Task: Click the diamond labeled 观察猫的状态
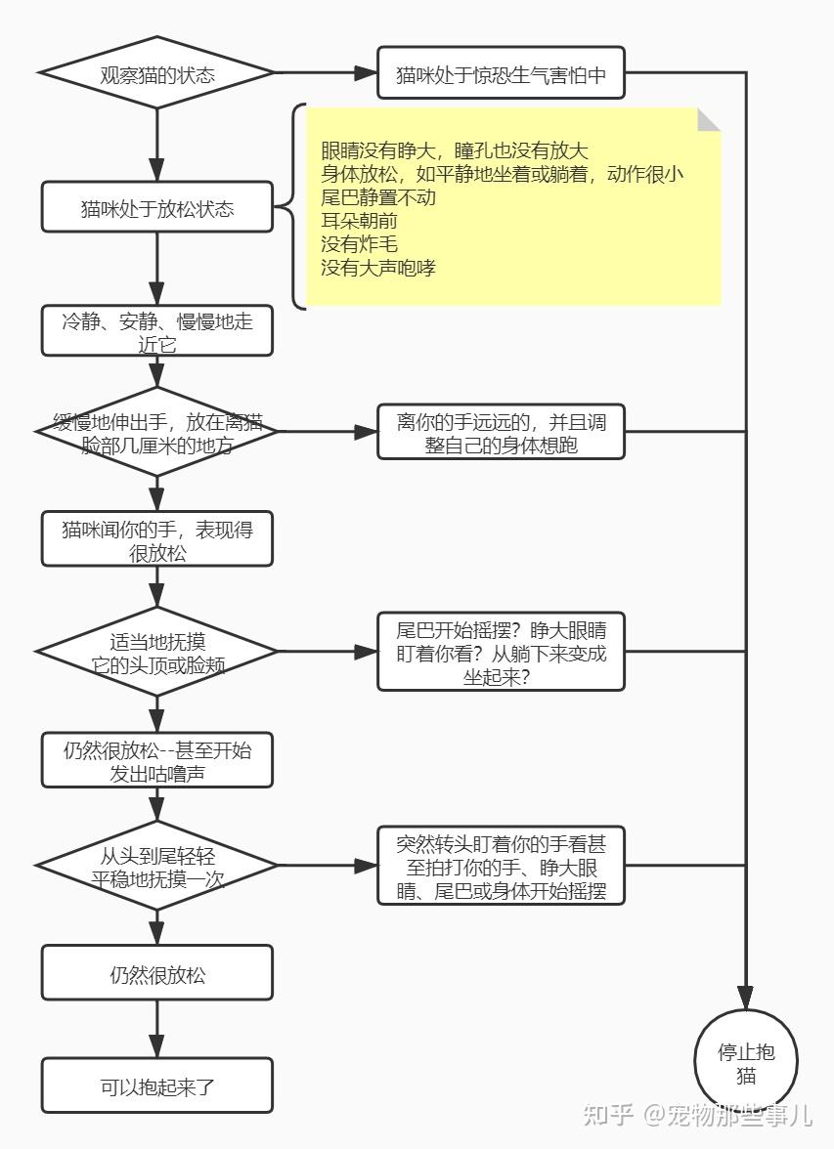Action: [157, 73]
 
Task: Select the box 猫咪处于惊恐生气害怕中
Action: [501, 73]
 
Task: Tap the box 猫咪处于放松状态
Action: [157, 208]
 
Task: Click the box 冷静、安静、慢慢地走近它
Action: [157, 331]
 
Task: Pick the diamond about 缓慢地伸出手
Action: [157, 432]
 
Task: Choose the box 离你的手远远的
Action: [501, 432]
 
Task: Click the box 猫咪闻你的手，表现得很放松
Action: [157, 539]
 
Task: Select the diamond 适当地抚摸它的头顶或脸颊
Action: [157, 652]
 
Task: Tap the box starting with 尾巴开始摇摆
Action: [501, 652]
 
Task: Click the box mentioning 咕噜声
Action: [157, 760]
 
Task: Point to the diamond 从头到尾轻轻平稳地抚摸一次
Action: [157, 866]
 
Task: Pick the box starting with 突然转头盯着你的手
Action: [501, 866]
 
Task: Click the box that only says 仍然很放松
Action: [157, 973]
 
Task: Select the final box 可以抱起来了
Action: [157, 1086]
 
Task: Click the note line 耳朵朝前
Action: [359, 221]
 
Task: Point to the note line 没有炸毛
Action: [359, 244]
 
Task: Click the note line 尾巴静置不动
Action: [378, 197]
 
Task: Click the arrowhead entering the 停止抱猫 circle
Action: [746, 999]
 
